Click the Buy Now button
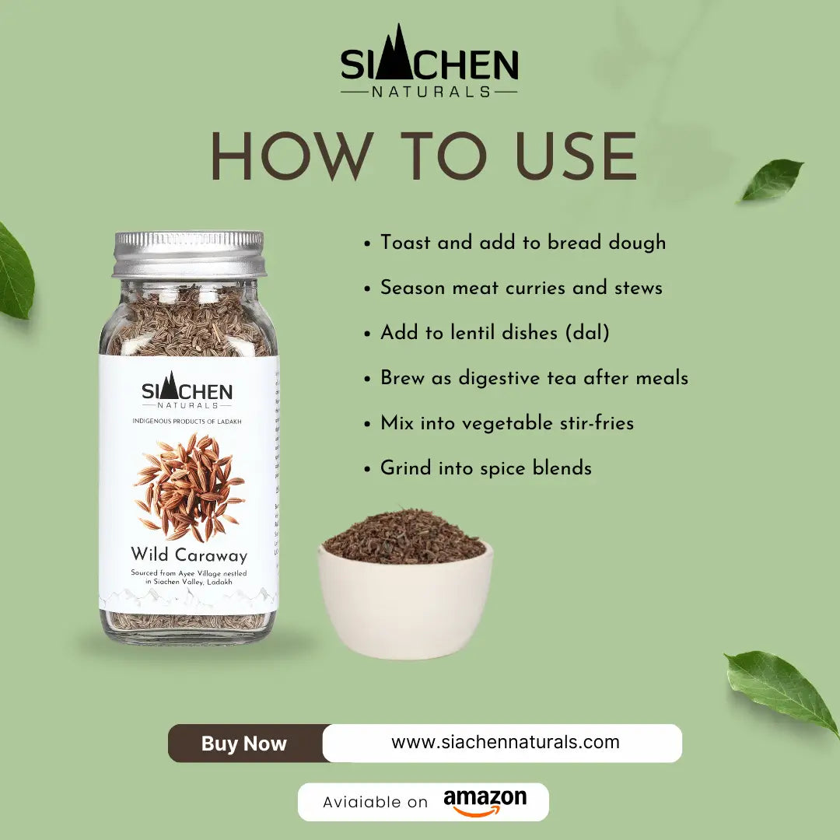click(x=244, y=744)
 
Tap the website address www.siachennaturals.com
click(x=505, y=742)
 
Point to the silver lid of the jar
click(x=188, y=254)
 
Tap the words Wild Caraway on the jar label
click(x=189, y=555)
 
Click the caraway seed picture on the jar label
click(x=189, y=488)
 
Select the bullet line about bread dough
click(x=523, y=243)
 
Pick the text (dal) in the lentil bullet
click(x=587, y=333)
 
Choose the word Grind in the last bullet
click(x=405, y=468)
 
